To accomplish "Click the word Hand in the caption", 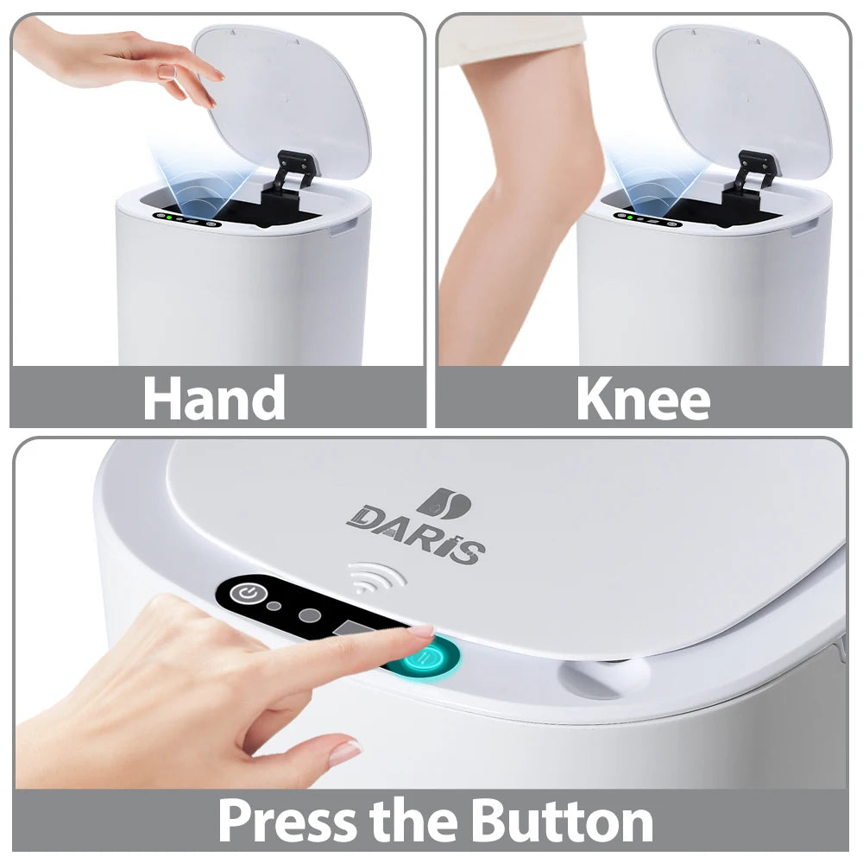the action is [x=213, y=397].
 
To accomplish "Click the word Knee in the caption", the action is [x=644, y=398].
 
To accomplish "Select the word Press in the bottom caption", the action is [x=287, y=822].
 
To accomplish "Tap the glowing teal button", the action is [x=429, y=657].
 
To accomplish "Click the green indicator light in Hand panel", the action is [x=169, y=217].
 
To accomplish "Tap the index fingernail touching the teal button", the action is [x=424, y=631].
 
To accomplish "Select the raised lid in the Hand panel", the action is [x=282, y=102].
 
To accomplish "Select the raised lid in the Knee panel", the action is [x=743, y=102].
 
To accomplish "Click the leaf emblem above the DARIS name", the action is [x=444, y=503].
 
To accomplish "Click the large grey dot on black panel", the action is [x=310, y=614].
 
